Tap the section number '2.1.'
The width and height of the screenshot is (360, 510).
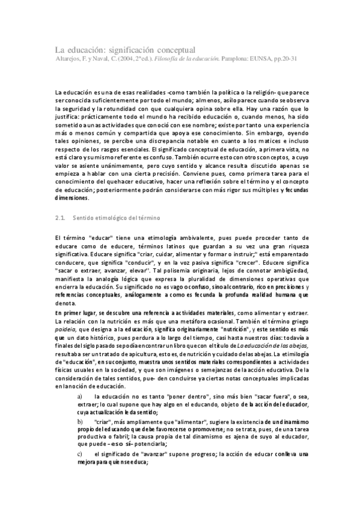click(60, 216)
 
